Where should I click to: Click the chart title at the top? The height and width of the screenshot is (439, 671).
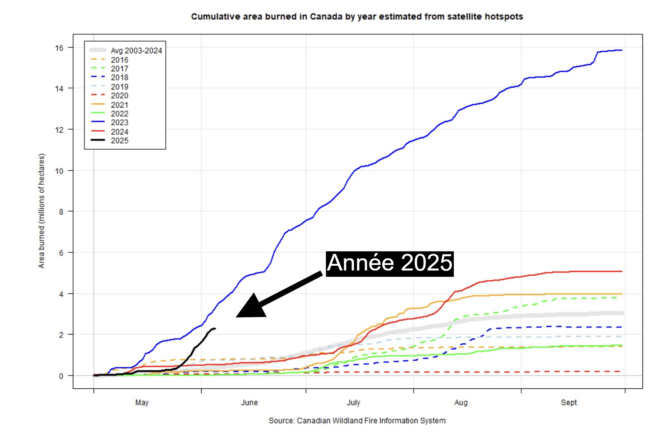tap(357, 17)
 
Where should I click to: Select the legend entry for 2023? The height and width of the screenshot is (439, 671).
tap(119, 123)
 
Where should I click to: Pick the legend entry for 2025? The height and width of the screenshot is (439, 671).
tap(119, 141)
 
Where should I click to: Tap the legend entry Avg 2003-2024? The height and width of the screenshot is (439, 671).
tap(136, 51)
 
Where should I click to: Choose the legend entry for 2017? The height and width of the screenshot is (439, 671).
tap(119, 69)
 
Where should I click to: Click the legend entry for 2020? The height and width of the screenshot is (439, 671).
tap(119, 96)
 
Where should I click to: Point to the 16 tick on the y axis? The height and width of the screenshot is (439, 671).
tap(59, 48)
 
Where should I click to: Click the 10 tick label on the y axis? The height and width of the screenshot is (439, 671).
tap(59, 171)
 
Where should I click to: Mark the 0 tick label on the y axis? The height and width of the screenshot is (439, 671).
tap(61, 376)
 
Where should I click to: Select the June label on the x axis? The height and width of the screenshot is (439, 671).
tap(249, 402)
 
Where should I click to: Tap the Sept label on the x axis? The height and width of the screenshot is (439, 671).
tap(569, 402)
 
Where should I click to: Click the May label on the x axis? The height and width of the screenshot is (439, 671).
tap(142, 402)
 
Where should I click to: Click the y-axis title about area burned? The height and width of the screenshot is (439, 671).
tap(41, 211)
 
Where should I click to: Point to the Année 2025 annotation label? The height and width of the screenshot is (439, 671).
tap(390, 263)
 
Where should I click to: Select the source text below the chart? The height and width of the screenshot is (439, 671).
tap(357, 421)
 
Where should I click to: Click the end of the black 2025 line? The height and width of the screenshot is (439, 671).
tap(215, 329)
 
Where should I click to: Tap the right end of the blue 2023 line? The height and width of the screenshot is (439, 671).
tap(621, 50)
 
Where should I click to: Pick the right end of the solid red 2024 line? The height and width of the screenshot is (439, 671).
tap(621, 272)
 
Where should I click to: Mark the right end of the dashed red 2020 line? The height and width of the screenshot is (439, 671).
tap(621, 371)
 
